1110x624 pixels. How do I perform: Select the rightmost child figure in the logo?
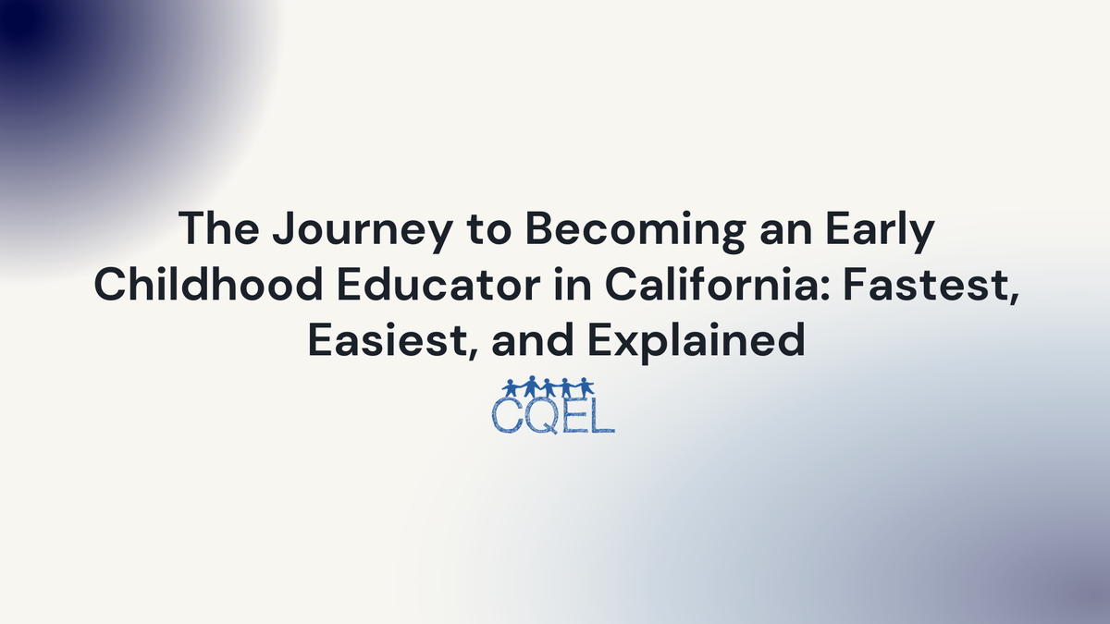pos(586,386)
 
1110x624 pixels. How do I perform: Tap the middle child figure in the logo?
pos(548,386)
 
